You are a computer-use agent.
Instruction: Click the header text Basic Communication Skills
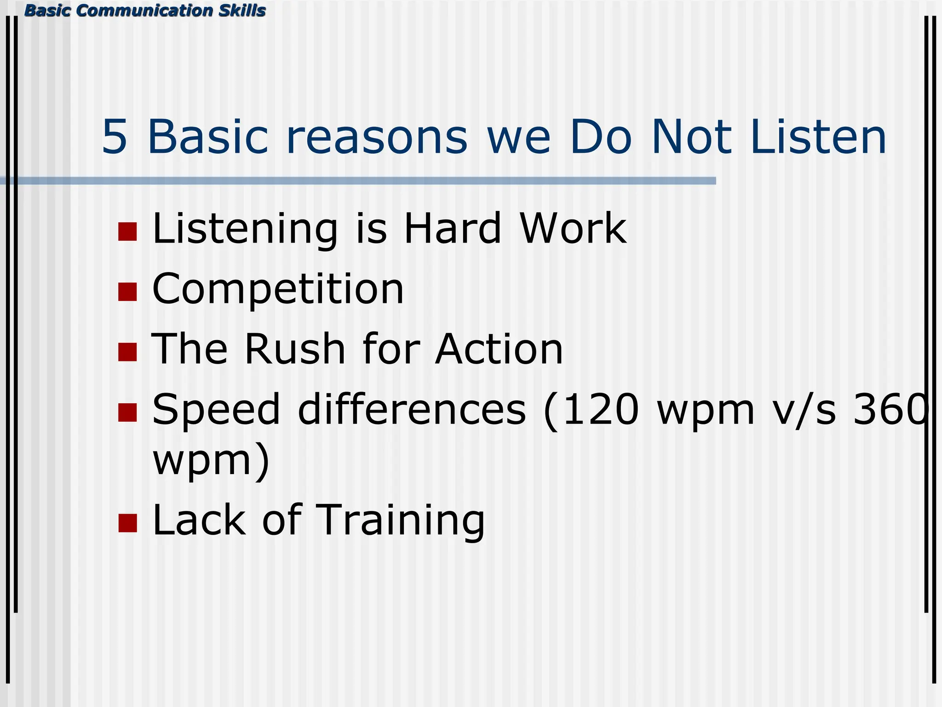[x=145, y=10]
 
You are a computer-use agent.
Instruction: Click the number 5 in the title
[x=114, y=137]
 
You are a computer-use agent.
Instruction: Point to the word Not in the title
[x=691, y=137]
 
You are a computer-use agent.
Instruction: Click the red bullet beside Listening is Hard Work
[x=127, y=232]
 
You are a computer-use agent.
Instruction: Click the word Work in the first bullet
[x=573, y=229]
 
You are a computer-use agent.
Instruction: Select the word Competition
[x=278, y=290]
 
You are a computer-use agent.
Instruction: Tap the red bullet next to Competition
[x=127, y=292]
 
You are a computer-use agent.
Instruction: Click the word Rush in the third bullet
[x=294, y=349]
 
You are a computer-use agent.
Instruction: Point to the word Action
[x=499, y=349]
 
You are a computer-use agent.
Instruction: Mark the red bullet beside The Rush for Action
[x=127, y=352]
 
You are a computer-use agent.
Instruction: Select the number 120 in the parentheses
[x=600, y=410]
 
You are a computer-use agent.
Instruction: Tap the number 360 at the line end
[x=890, y=410]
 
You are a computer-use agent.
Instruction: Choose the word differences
[x=412, y=410]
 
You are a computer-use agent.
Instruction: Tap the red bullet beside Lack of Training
[x=127, y=523]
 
